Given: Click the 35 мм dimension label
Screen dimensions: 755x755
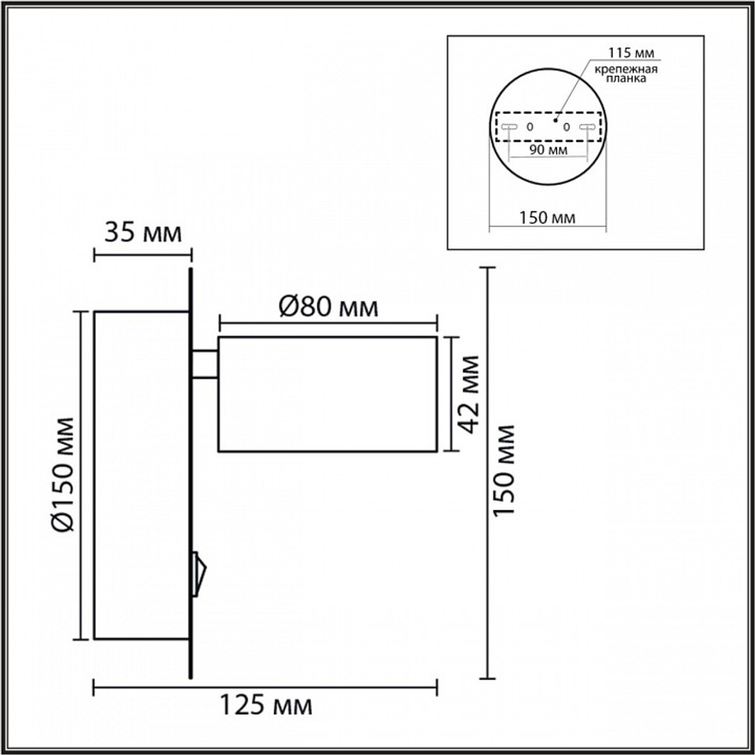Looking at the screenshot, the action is [143, 233].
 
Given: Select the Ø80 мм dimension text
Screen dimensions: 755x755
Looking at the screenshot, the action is [328, 307].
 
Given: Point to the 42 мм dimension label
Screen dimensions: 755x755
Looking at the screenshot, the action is [469, 394].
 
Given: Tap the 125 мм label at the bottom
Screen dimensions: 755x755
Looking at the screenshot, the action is [266, 705].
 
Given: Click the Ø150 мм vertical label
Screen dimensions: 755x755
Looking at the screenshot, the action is [63, 474].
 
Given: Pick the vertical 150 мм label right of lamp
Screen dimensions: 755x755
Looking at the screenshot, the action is [504, 471].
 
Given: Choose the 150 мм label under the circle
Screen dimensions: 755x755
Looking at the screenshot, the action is [547, 218].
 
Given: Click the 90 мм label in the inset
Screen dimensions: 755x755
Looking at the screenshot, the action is [548, 149].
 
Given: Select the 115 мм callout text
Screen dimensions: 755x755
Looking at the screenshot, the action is [630, 53].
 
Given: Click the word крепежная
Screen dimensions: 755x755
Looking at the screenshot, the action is [626, 69].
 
